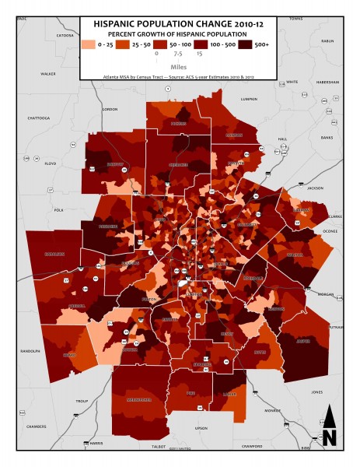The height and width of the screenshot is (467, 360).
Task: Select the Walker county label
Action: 47,74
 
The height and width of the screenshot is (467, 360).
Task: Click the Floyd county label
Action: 52,163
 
